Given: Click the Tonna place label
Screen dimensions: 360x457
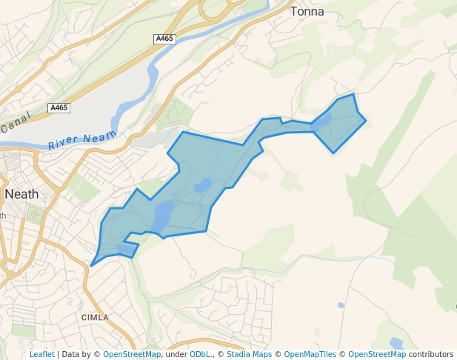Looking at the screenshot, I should point(307,11).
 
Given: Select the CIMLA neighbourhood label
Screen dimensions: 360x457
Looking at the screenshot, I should point(95,317).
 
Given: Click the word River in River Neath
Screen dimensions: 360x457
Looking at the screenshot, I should point(63,142).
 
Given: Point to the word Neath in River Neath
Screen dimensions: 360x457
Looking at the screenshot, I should point(101,136).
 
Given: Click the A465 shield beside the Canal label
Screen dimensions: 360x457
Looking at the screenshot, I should point(59,108).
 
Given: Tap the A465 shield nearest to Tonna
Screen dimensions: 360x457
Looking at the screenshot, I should point(164,38).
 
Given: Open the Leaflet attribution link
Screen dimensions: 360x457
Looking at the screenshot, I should point(42,354).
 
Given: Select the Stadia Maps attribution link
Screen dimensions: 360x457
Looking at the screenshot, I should point(249,354).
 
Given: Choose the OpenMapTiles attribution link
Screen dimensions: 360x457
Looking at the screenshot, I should point(310,354).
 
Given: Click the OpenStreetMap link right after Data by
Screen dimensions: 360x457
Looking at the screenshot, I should point(132,354).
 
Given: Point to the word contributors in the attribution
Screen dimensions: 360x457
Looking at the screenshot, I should point(431,354).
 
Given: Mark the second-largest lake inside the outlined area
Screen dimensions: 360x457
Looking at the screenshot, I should point(202,185).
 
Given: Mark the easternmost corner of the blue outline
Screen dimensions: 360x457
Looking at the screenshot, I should point(366,121).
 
